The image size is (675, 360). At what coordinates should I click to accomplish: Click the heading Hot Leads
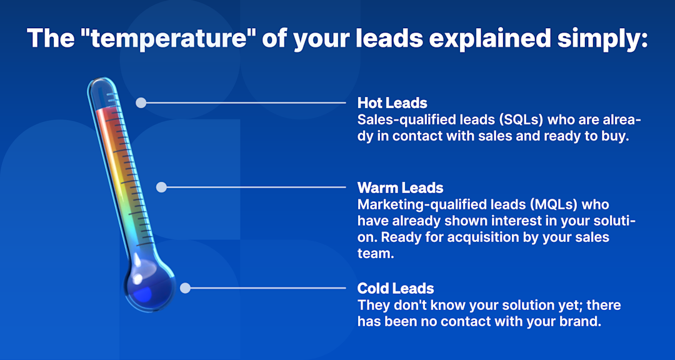pos(392,103)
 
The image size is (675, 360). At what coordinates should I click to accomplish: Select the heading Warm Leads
pos(400,188)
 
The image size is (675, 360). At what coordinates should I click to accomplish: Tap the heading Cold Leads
pos(396,289)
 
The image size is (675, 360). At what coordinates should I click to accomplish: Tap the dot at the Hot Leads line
pos(141,102)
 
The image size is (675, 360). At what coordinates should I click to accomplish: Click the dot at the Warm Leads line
pos(161,187)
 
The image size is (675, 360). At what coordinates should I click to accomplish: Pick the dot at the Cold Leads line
pos(185,288)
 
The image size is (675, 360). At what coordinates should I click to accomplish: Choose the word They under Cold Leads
pos(371,306)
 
